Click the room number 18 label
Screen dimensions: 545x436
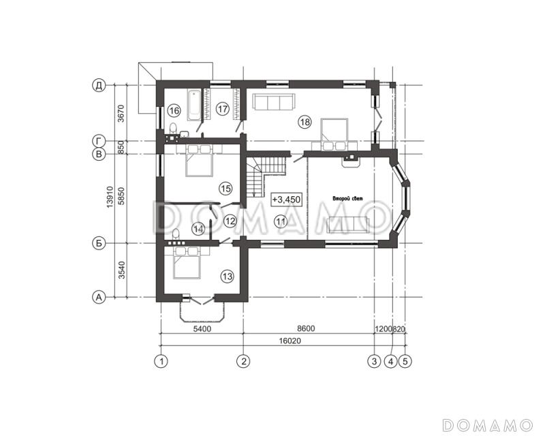tap(305, 122)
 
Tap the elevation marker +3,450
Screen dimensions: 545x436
tap(286, 200)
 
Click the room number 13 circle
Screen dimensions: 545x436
tap(228, 277)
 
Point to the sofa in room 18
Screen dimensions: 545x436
tap(274, 102)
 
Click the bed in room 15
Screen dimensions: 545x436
tap(199, 161)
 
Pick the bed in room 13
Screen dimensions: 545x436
tap(187, 262)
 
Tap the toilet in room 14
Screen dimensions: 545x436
tap(176, 234)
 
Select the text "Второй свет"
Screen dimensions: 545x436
tap(347, 199)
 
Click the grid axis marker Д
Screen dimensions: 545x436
tap(99, 85)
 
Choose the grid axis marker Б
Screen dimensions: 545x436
tap(99, 243)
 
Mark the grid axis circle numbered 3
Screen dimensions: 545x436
tap(374, 361)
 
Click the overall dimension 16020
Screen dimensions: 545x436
tap(290, 341)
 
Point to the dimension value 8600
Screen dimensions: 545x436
tap(306, 328)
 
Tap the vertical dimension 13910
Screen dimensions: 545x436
tap(110, 197)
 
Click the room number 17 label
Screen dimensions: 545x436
tap(223, 109)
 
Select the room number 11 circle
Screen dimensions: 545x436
tap(281, 221)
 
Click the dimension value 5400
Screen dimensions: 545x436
tap(202, 328)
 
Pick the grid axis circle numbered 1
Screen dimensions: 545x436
tap(161, 361)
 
